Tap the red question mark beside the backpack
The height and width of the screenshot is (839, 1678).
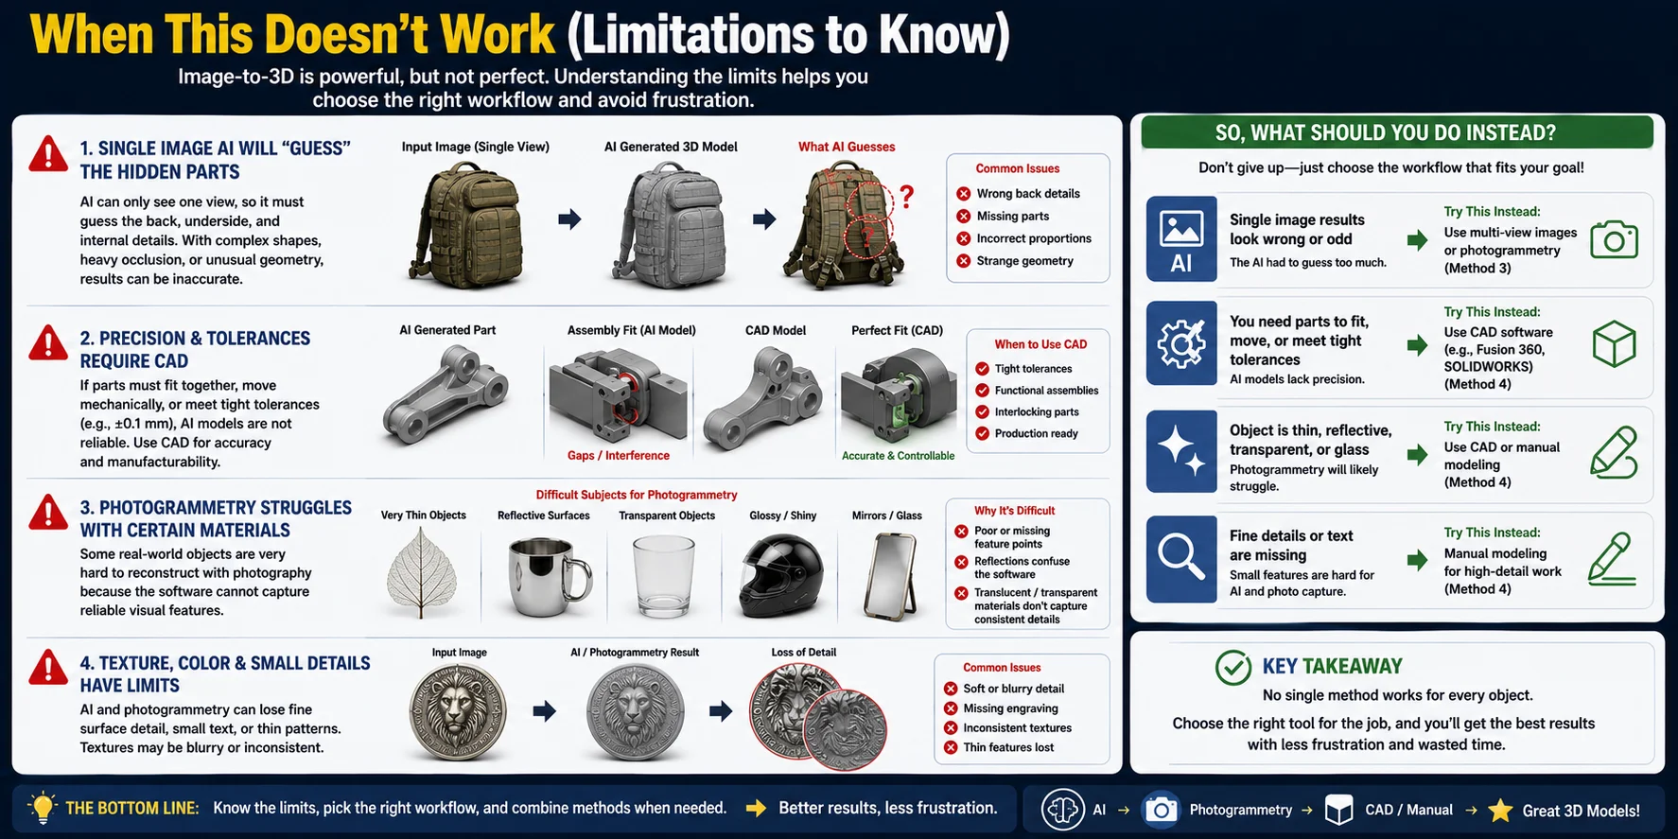906,197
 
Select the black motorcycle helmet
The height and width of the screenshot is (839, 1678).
781,575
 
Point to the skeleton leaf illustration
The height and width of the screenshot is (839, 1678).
422,573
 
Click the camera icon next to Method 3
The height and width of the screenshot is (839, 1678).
1614,240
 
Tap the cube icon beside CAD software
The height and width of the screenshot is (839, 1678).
1614,343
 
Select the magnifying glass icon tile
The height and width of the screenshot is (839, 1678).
1181,559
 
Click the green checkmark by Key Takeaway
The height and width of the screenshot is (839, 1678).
1233,667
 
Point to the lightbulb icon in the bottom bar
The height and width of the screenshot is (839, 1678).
43,808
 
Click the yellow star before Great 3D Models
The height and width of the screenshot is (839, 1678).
1500,810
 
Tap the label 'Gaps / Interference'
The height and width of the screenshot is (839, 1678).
619,456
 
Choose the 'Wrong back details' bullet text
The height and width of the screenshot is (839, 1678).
1028,194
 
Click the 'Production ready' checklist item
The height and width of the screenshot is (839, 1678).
1036,434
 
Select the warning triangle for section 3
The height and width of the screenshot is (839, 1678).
48,512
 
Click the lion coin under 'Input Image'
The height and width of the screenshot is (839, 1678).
458,711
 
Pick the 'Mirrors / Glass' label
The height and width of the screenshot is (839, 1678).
887,516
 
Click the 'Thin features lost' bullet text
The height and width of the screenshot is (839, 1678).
1008,747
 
